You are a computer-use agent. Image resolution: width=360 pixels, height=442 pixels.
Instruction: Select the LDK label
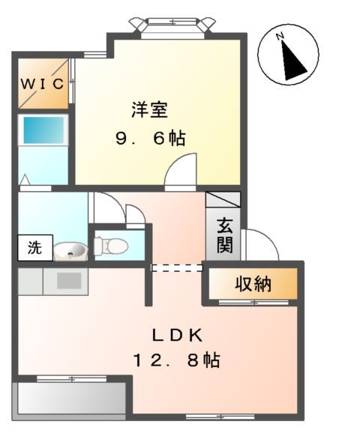(177, 334)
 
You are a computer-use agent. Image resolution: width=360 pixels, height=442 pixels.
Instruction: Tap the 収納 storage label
(253, 285)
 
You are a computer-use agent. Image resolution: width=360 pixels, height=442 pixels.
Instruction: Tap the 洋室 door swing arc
(181, 169)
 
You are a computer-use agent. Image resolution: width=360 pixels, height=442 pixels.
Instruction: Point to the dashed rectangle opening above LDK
(177, 267)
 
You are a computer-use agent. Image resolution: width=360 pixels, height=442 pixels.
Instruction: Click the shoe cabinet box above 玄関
(223, 201)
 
